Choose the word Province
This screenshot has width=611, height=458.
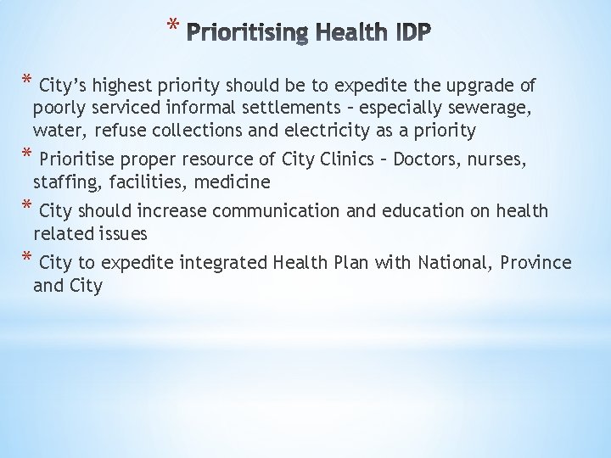(536, 262)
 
